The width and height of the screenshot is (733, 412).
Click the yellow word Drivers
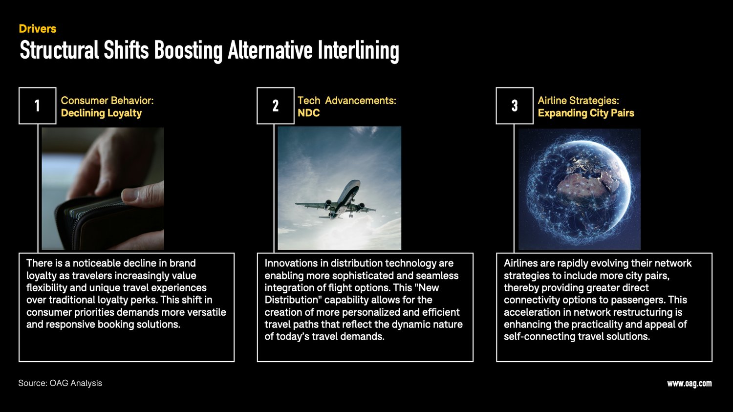click(38, 29)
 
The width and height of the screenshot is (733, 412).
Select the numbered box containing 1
click(38, 106)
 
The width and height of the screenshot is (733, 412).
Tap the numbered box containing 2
click(276, 106)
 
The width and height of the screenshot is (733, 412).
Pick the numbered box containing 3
click(515, 106)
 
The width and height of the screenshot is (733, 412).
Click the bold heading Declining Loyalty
click(101, 113)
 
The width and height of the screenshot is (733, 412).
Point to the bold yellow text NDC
click(308, 113)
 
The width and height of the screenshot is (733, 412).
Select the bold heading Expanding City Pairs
click(586, 113)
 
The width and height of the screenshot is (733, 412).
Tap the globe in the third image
click(580, 189)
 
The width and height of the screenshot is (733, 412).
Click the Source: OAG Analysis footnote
click(60, 383)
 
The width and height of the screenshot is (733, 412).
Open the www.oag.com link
click(689, 384)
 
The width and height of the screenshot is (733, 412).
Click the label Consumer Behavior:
click(107, 101)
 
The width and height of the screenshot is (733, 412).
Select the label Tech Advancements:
click(346, 101)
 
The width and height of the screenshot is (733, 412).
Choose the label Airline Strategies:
click(578, 101)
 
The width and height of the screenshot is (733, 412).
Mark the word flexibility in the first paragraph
click(48, 288)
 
